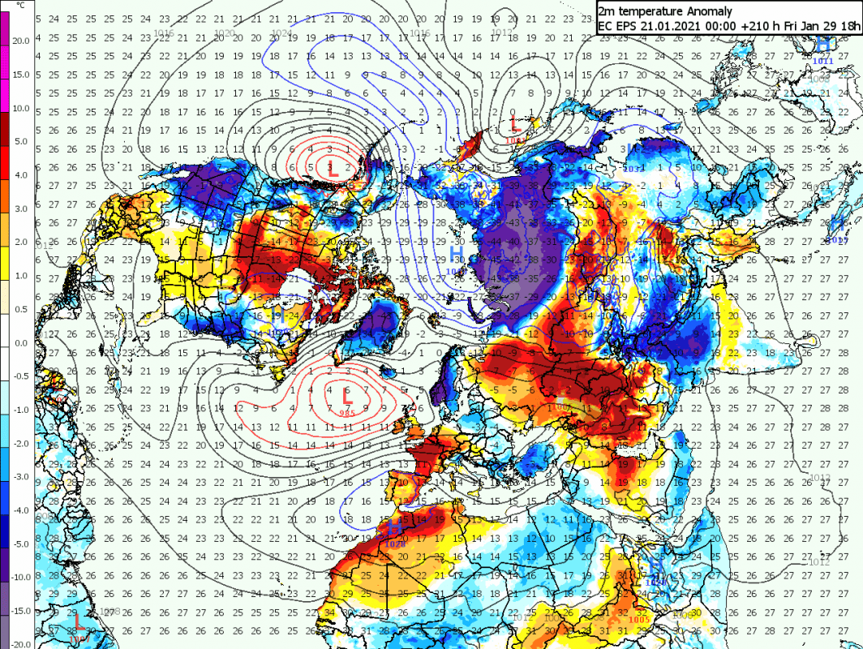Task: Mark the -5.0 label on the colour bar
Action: (20, 544)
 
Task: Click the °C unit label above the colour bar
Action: (20, 6)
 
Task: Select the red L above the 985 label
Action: (348, 398)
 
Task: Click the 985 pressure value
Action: (348, 413)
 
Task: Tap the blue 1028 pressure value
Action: (397, 544)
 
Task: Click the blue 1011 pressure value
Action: (822, 61)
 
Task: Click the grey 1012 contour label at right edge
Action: (819, 561)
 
